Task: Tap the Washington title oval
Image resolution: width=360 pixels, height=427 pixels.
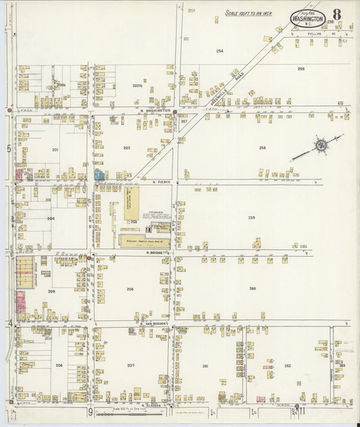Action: coord(307,18)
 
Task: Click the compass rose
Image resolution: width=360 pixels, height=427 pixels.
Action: coord(321,145)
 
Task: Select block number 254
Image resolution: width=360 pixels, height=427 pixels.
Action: coord(220,51)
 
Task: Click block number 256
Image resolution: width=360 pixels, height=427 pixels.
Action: coord(301,69)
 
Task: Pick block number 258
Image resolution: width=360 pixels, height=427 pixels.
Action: coord(262,147)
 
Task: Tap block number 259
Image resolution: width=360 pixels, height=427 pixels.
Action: coord(251,217)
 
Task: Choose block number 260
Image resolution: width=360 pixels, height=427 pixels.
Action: coord(252,288)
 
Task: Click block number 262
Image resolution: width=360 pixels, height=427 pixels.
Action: coord(287,366)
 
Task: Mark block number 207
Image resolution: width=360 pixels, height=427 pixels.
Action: coord(130,366)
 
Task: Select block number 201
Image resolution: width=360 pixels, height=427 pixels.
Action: coord(55,149)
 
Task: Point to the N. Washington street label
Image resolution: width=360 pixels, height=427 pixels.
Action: coord(155,110)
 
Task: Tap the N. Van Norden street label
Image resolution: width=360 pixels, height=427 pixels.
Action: coord(155,324)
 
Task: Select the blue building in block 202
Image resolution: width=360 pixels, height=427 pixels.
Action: coord(99,174)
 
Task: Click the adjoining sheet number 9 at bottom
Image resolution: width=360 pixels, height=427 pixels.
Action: coord(89,411)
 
